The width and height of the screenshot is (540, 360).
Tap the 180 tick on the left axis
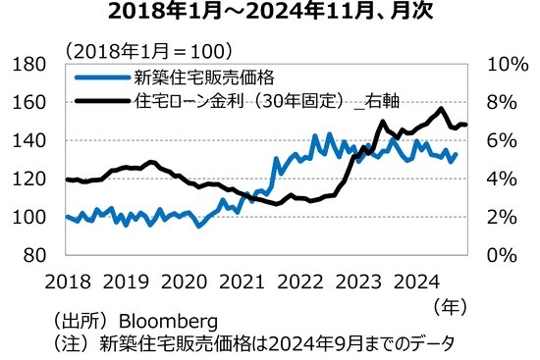click(x=34, y=64)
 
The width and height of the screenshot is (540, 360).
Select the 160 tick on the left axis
click(x=34, y=102)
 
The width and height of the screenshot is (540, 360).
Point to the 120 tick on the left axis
click(x=34, y=179)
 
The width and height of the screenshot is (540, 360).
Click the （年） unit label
click(x=453, y=306)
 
